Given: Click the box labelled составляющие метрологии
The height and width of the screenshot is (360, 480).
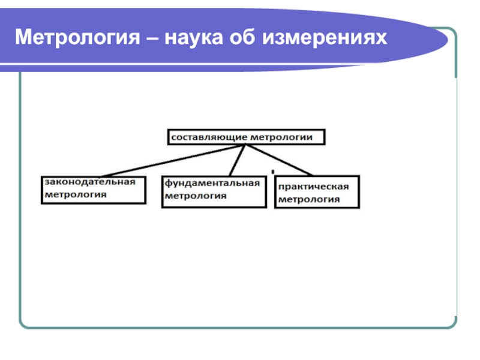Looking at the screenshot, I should point(246,137).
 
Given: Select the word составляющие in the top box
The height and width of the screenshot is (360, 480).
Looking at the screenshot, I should point(209,137).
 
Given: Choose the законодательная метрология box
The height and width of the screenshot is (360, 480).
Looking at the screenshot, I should point(93,188).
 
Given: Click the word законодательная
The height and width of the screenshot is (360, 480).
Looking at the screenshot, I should point(89,182).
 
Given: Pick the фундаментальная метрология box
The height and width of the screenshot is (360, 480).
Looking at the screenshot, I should point(214,191).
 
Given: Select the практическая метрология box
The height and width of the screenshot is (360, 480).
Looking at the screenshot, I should point(317,192).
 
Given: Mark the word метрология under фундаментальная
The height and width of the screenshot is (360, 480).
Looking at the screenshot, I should point(196,196).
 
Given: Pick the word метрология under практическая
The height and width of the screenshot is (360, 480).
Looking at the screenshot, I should point(308,200).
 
